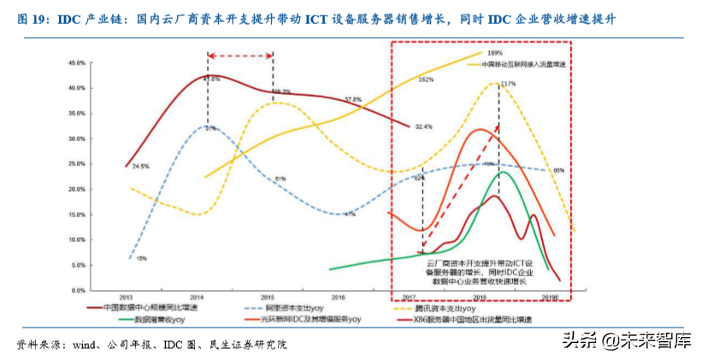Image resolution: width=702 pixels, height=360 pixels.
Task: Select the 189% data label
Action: (x=493, y=54)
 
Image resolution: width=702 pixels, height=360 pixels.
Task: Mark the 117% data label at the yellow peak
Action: (x=508, y=83)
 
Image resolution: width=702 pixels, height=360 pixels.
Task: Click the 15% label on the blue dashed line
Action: (x=142, y=257)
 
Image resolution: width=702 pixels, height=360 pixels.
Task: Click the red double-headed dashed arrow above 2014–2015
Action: (x=240, y=56)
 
